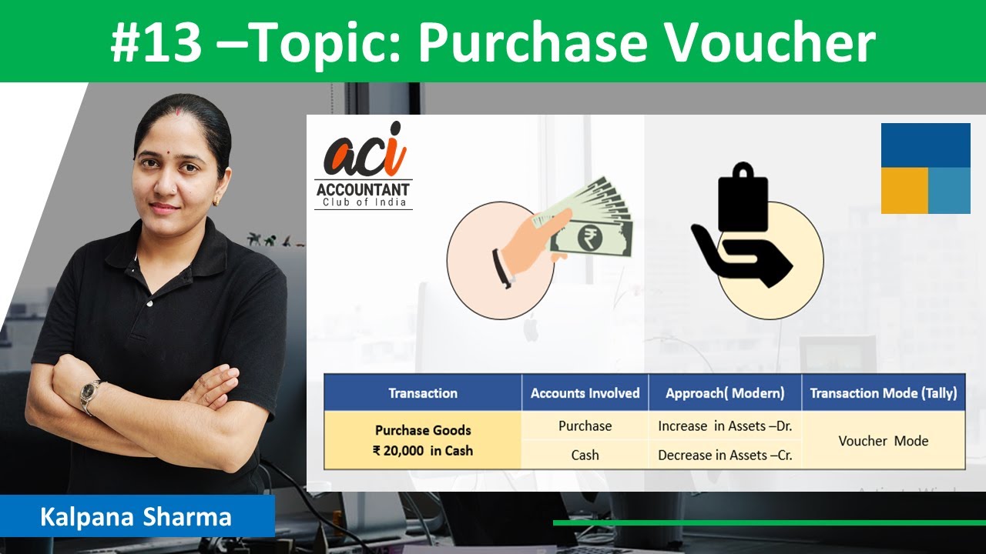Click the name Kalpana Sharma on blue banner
136,516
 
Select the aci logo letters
364,154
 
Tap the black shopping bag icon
742,197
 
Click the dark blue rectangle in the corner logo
925,145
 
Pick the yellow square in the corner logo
904,190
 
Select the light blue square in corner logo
949,190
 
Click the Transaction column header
423,393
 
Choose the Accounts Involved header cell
585,393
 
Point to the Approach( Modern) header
726,393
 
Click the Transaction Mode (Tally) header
884,393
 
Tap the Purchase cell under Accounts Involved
585,426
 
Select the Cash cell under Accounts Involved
585,455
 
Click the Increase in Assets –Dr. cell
726,426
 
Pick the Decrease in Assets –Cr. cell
726,455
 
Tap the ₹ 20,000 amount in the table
399,451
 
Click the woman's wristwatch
89,392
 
